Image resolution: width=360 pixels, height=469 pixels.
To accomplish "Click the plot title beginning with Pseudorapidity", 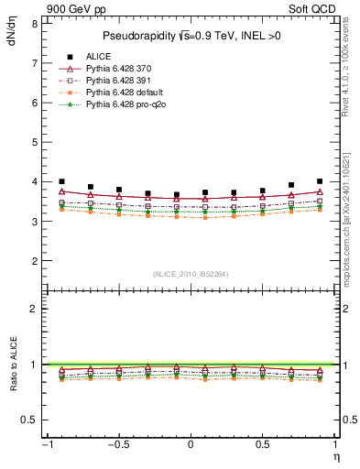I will point(190,37).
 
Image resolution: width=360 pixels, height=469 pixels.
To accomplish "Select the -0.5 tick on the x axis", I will point(117,446).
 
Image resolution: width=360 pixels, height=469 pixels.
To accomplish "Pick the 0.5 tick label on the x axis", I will point(262,446).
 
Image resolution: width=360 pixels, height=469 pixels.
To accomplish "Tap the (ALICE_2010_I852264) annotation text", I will point(190,273).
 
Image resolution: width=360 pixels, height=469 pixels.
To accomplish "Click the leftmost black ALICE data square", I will point(61,181).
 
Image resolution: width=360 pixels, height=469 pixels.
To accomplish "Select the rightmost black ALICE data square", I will point(319,181).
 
